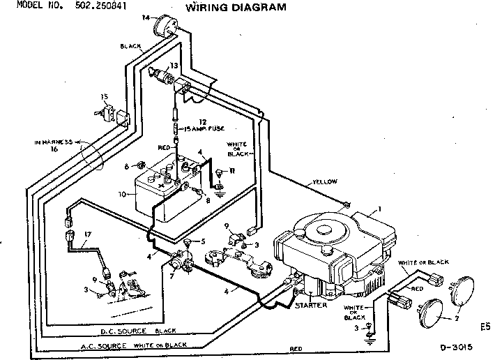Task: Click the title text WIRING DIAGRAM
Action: click(225, 8)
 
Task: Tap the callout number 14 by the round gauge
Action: click(146, 16)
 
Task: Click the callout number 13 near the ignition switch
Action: click(173, 65)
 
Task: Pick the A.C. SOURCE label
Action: click(84, 346)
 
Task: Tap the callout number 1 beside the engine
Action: click(380, 209)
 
